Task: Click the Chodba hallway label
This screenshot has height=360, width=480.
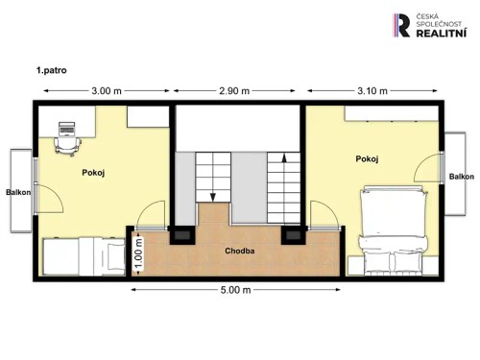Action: pos(239,252)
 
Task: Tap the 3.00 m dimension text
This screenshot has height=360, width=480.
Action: pos(106,91)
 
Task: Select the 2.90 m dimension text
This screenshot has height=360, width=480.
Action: pos(234,91)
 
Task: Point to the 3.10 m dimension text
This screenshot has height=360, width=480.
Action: pos(372,91)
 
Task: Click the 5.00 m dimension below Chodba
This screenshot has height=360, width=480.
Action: pos(236,290)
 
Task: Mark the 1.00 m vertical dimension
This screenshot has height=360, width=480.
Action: pos(138,252)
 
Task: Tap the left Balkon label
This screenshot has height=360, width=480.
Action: pos(17,192)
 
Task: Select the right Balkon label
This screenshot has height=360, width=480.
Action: pos(462,177)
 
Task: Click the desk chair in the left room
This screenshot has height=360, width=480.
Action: pos(66,142)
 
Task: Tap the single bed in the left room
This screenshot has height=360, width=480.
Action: pos(84,256)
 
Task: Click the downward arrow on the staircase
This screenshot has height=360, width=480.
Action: pos(211,192)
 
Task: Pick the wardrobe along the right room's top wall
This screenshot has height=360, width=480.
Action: pos(394,113)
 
